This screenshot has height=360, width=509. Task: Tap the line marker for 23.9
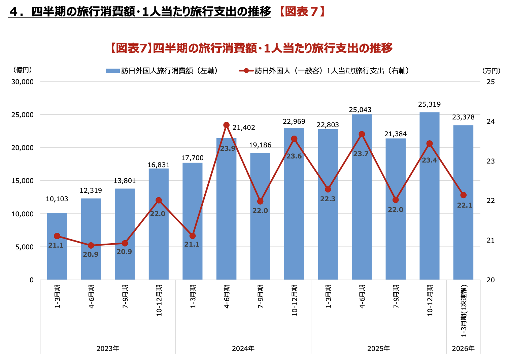tap(226, 125)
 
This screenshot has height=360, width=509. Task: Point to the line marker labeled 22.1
tap(463, 195)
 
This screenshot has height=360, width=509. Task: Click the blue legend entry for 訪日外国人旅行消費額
tap(162, 71)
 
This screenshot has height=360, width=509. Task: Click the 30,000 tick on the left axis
tap(23, 82)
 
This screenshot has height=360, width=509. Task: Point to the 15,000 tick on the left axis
tap(23, 181)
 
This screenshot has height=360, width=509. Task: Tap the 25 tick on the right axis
tap(491, 82)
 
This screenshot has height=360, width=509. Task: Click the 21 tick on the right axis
tap(491, 240)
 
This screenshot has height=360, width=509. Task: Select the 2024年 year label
tap(243, 349)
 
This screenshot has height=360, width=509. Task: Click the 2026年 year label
tap(463, 349)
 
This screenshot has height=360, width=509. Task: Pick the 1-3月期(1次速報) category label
tap(464, 311)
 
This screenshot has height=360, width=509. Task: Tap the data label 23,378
tap(463, 117)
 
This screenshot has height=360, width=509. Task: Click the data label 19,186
tap(260, 145)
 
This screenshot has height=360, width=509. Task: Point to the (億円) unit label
tap(23, 70)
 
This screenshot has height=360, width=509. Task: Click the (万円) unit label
tap(491, 71)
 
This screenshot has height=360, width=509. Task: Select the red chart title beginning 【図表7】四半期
tap(251, 48)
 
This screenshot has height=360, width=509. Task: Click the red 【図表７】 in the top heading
tap(301, 11)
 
